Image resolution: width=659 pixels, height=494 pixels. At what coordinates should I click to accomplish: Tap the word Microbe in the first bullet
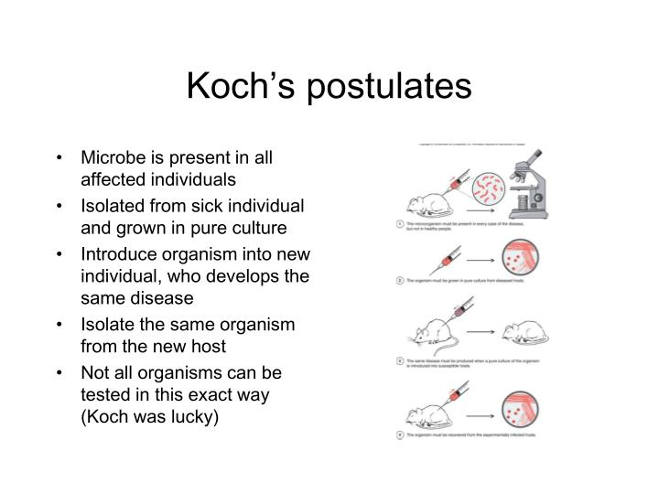pos(114,158)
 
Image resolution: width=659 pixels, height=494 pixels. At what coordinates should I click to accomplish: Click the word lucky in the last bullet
pos(205,420)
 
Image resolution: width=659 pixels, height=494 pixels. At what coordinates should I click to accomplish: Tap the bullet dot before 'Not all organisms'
pos(60,372)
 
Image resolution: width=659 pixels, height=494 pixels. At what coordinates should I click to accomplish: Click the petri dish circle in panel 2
pos(519,257)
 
